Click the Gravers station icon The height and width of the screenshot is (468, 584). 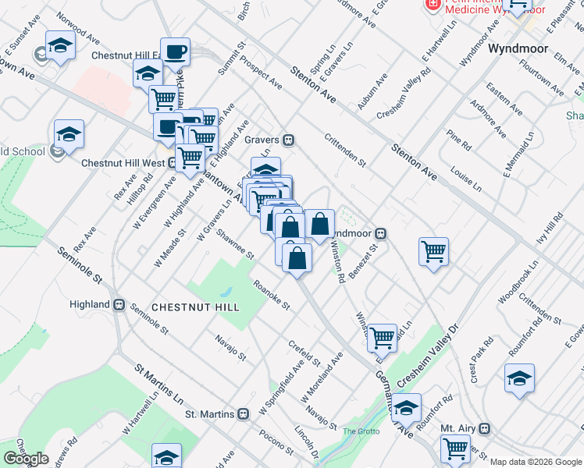[289, 140]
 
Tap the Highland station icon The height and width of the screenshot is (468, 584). [119, 304]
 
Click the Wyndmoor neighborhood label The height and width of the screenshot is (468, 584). [515, 48]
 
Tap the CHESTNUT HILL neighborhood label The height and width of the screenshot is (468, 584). [195, 307]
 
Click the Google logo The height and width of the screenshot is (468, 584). [26, 458]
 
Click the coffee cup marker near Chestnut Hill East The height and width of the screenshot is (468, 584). [176, 53]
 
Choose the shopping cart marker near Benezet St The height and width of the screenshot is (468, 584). [433, 252]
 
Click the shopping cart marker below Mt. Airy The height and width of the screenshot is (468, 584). [455, 448]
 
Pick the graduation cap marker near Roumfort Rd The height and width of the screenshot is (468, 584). [519, 378]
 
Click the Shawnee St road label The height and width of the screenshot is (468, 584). [235, 244]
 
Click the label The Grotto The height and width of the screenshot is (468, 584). [360, 431]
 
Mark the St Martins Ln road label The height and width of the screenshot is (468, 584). [158, 381]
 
